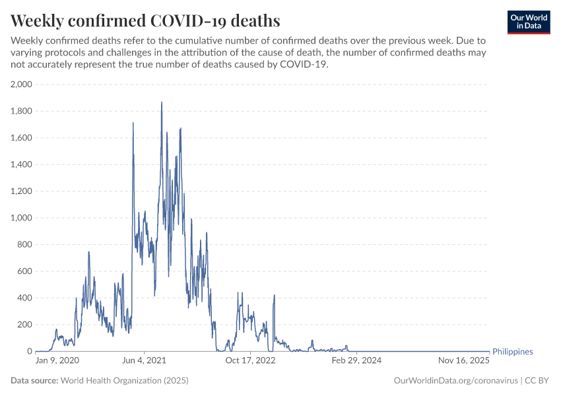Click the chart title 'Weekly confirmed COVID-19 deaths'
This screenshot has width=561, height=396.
tap(146, 21)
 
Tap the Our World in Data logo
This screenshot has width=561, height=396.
tap(528, 22)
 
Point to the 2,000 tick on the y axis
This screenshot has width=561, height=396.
tap(20, 84)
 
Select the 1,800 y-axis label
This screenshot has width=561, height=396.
tap(20, 111)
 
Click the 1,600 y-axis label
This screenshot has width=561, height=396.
tap(20, 138)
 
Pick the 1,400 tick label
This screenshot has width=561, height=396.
tap(20, 164)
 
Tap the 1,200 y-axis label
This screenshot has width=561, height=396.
tap(20, 191)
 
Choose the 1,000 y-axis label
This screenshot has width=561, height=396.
tap(20, 218)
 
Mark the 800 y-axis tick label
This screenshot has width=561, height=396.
tap(24, 245)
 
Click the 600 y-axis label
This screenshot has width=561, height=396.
tap(24, 271)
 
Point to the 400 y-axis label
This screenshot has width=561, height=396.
tap(24, 298)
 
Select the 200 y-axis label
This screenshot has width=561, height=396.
tap(24, 325)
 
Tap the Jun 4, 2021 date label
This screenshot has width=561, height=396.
tap(144, 361)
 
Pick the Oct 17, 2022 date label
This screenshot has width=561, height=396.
tap(249, 361)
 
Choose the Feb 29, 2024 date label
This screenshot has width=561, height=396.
tap(356, 361)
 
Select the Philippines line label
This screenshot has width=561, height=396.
tap(513, 352)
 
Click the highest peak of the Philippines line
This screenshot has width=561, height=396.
tap(162, 102)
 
